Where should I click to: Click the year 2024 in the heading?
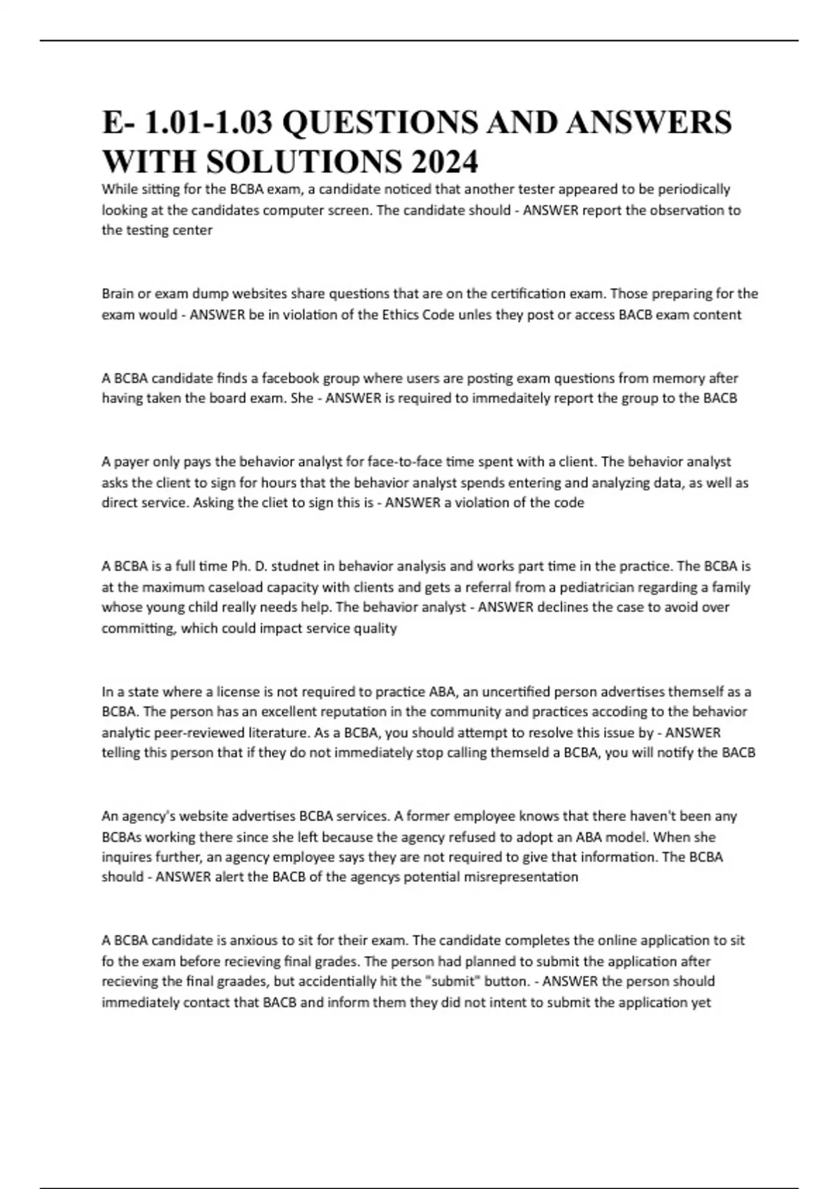click(x=445, y=162)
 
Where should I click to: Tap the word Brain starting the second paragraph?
click(x=119, y=294)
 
